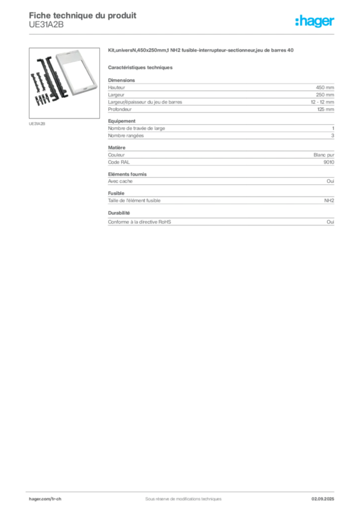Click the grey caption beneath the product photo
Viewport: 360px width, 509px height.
(x=37, y=123)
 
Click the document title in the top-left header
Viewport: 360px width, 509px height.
(x=82, y=13)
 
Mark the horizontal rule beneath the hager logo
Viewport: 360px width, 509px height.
(x=183, y=34)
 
